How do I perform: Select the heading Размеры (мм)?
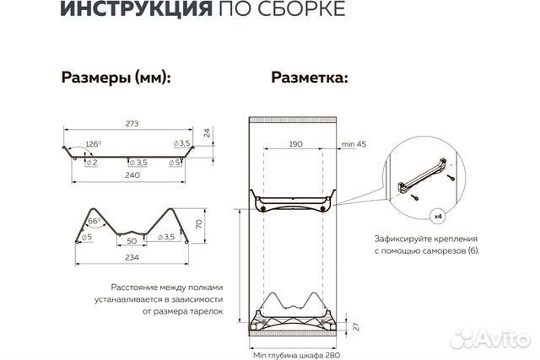click(x=116, y=78)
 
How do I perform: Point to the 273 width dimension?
click(x=132, y=123)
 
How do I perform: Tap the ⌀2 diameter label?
click(x=91, y=162)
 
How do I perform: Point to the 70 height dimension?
click(x=199, y=225)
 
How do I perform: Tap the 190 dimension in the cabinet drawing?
click(x=295, y=145)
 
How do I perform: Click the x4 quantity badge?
click(x=439, y=216)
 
